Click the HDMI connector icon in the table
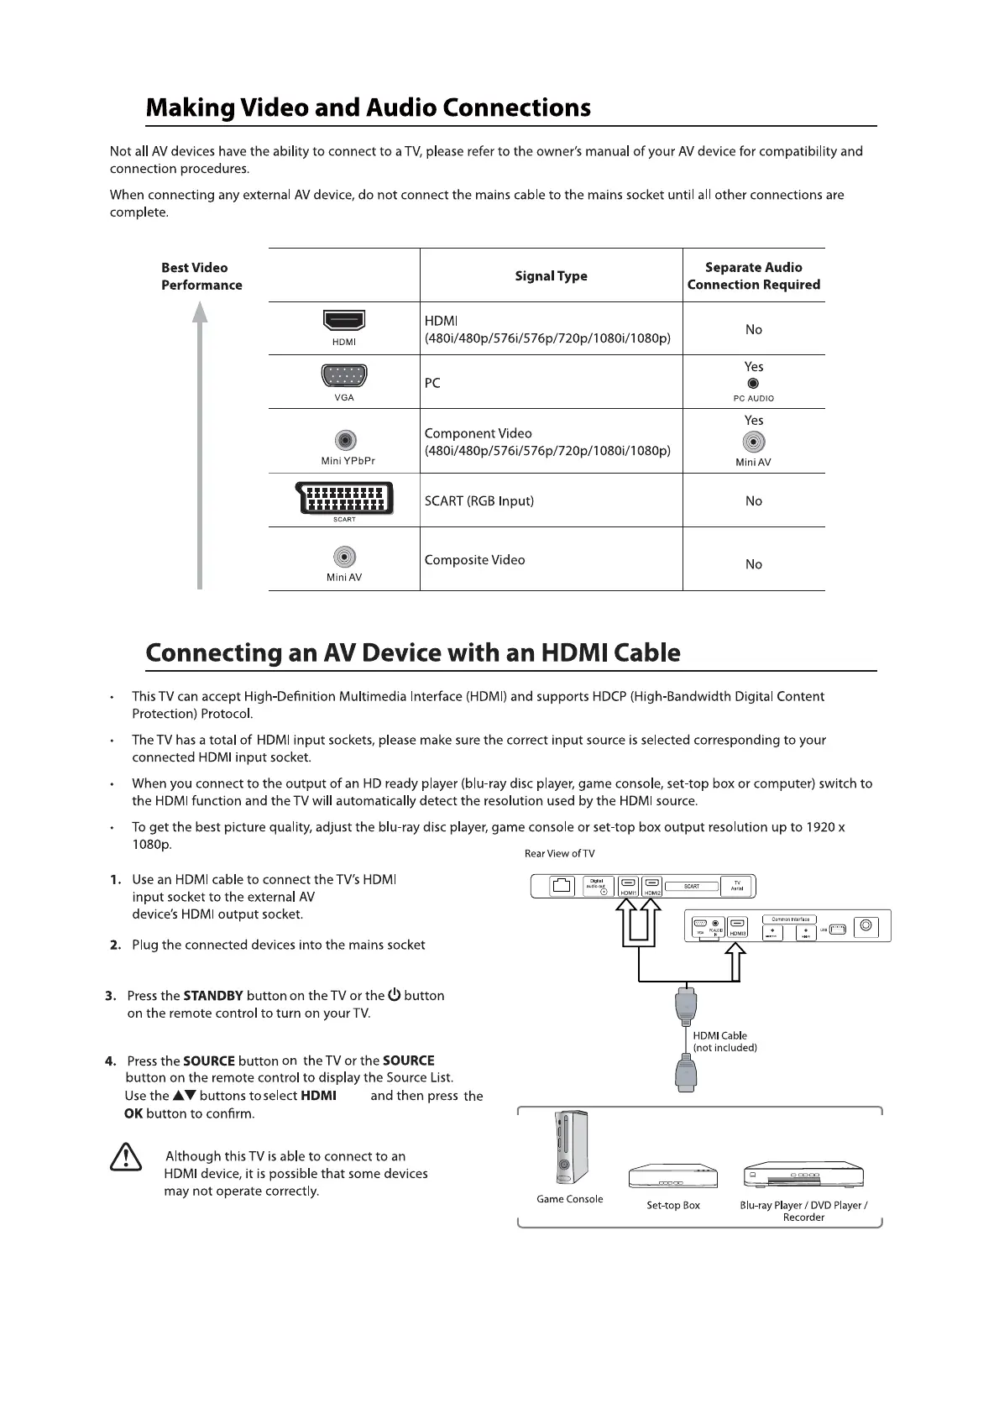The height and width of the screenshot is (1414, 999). [x=344, y=321]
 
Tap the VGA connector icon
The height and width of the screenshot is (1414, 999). [x=344, y=375]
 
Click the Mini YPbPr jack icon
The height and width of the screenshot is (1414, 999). [x=345, y=440]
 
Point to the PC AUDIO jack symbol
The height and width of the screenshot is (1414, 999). [x=753, y=384]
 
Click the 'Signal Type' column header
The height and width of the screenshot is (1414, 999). [x=551, y=276]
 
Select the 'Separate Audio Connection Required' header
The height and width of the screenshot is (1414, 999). [x=753, y=276]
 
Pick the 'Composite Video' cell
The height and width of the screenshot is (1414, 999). [x=475, y=560]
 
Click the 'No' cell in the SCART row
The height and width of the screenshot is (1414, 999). [x=753, y=501]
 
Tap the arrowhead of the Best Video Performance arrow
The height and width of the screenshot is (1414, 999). [x=200, y=313]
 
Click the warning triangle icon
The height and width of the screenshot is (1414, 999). [x=125, y=1157]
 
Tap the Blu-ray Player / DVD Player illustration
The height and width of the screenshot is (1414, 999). [x=803, y=1176]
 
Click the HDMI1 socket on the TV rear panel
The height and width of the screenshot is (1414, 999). [x=628, y=885]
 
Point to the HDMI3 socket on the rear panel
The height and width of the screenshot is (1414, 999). [x=737, y=925]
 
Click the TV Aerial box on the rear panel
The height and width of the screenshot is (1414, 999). [x=737, y=886]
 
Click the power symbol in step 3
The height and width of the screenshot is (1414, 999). [x=395, y=996]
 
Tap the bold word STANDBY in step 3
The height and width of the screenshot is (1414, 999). [x=213, y=996]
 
